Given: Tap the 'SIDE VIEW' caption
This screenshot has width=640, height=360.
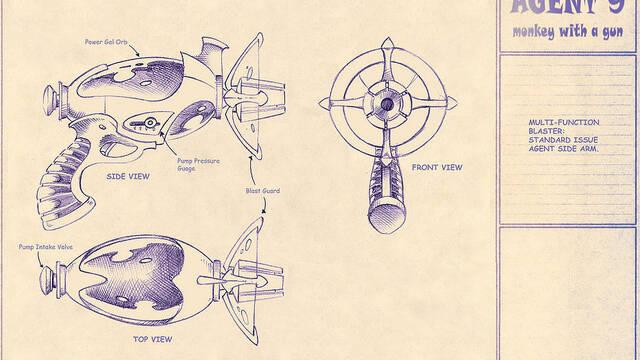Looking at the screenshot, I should click(x=128, y=176).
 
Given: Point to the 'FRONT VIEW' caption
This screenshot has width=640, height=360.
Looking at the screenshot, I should click(x=434, y=167).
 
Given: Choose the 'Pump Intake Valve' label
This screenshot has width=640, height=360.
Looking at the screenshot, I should click(x=44, y=246).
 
